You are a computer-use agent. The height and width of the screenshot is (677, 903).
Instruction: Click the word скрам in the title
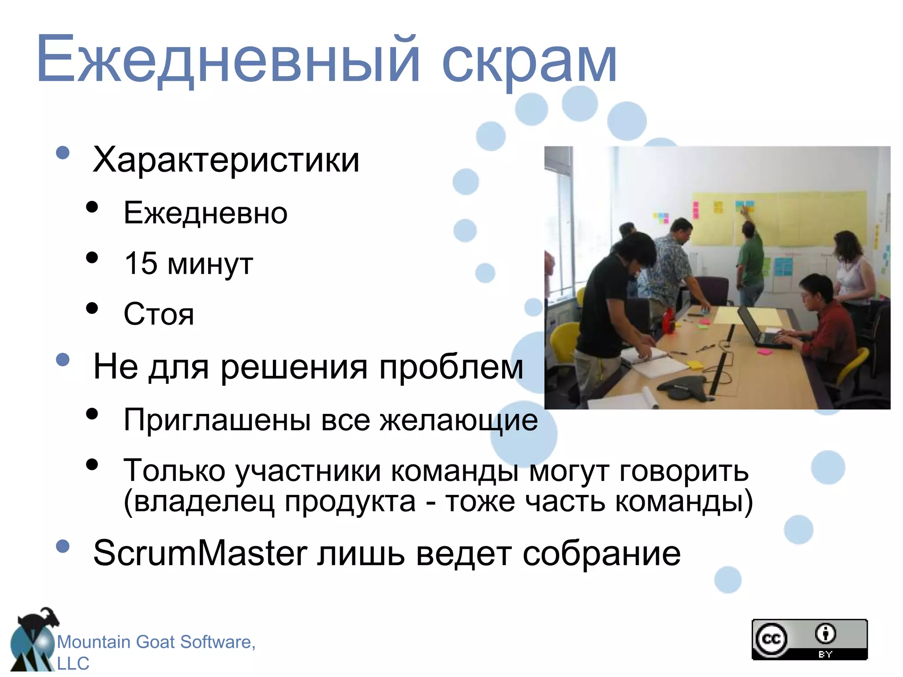529,62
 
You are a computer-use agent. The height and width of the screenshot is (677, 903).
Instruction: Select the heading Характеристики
226,160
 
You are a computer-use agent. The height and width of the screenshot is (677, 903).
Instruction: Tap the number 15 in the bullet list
141,263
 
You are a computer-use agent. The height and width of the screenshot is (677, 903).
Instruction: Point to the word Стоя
159,314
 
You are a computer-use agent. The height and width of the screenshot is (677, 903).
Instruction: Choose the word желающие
459,420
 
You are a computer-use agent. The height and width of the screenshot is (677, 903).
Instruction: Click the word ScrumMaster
200,553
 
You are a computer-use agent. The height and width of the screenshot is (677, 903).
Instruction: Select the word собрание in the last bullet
601,554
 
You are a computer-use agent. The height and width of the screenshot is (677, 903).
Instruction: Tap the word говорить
684,471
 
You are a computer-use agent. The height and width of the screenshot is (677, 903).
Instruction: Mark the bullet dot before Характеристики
63,153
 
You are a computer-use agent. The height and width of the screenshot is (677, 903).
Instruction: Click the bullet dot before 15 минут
92,257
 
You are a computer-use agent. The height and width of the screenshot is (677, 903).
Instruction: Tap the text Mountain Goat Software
156,642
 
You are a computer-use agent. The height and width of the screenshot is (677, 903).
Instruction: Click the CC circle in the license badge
771,639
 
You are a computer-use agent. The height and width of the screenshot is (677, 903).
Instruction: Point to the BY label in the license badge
825,655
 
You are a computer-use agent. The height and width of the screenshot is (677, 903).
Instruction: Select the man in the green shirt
751,260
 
